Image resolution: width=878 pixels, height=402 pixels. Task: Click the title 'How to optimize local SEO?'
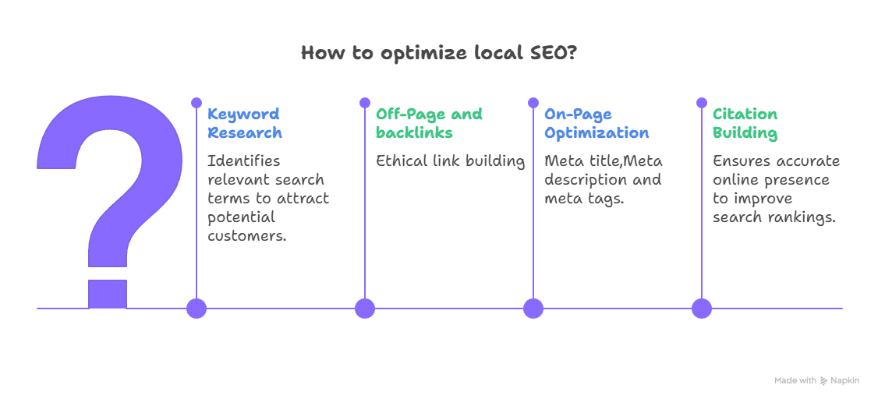coord(439,54)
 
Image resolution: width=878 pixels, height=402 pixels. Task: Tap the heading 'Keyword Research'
coord(244,124)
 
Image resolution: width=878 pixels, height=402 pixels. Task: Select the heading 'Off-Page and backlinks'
coord(429,124)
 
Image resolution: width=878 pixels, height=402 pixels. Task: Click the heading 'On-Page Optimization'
coord(596,124)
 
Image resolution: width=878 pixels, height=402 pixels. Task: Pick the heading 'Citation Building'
coord(745,124)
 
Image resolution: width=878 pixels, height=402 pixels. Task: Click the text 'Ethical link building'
coord(450,161)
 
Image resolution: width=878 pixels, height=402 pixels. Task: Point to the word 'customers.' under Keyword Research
coord(246,236)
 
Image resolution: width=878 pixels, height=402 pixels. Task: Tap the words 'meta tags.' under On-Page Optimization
coord(583,199)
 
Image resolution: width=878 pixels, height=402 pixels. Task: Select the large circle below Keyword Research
coord(196,309)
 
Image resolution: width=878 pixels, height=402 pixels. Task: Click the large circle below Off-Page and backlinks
coord(365,309)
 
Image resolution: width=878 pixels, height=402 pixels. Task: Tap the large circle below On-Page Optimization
coord(533,309)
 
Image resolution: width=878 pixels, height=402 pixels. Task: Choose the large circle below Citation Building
coord(702,309)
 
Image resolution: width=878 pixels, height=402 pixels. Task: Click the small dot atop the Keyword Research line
coord(196,103)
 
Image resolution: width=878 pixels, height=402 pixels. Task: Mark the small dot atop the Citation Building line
coord(702,103)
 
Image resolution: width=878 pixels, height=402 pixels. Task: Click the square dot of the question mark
coord(107,294)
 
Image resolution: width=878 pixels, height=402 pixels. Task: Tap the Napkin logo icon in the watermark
coord(823,381)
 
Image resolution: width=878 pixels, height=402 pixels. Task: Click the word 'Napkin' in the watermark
coord(844,381)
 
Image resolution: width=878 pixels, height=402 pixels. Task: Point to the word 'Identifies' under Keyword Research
coord(243,161)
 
